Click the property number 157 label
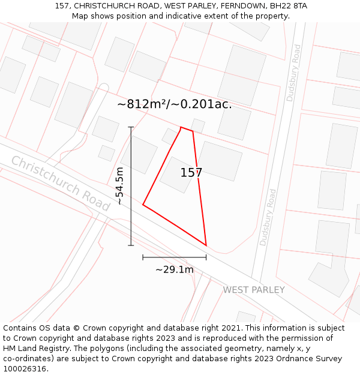tap(191, 173)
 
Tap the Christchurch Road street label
tap(61, 183)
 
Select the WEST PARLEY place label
tap(254, 290)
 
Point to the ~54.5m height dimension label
tap(120, 186)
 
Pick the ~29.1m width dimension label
tap(174, 269)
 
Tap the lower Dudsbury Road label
tap(268, 218)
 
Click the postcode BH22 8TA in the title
tap(289, 6)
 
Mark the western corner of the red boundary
tap(143, 205)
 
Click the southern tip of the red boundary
tap(206, 245)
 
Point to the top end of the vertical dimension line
tap(131, 127)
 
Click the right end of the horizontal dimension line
tap(206, 257)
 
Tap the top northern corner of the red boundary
tap(181, 127)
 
